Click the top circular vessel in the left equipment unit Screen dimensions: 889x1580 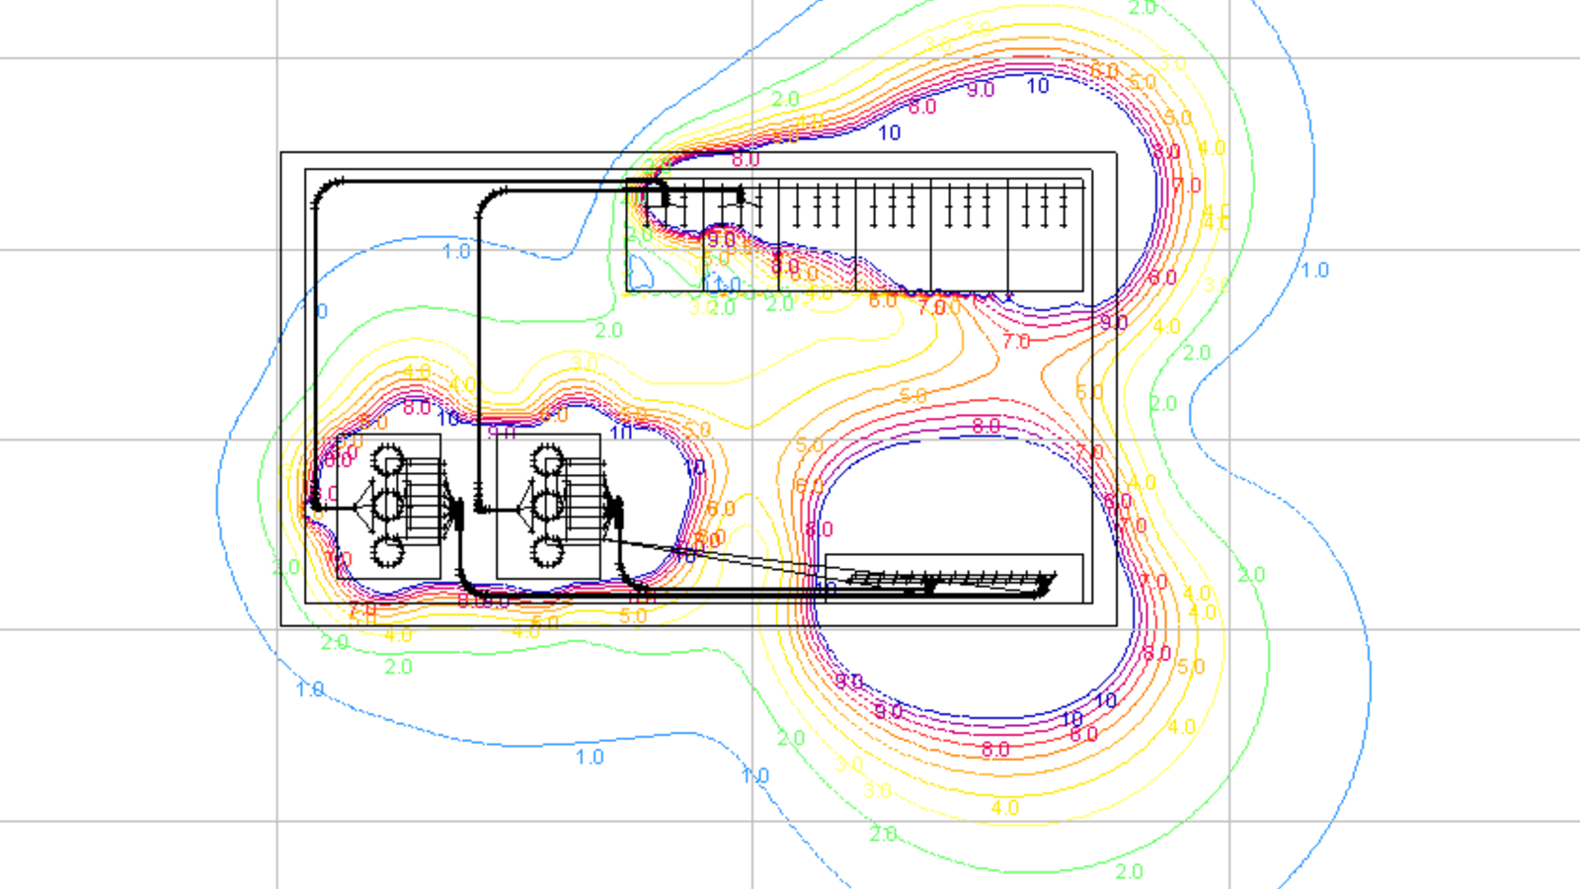[x=388, y=459]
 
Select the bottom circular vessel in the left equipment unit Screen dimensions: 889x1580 [x=387, y=551]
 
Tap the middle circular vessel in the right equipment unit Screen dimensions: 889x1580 [x=547, y=506]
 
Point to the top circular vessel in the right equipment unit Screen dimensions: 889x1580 [x=547, y=460]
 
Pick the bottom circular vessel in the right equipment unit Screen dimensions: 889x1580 [x=547, y=551]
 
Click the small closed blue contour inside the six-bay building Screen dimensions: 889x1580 [x=641, y=270]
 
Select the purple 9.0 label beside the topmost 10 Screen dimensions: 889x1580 [x=981, y=90]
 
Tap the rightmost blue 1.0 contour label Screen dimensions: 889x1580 [x=1314, y=270]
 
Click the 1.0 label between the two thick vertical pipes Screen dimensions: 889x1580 [x=456, y=251]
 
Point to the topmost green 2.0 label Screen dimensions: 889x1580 [x=1143, y=8]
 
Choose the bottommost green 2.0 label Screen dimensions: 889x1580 [x=1129, y=871]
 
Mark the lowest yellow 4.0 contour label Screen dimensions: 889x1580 [x=1004, y=807]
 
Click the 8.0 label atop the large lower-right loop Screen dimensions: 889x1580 [x=986, y=426]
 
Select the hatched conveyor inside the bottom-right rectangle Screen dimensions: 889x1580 [x=948, y=580]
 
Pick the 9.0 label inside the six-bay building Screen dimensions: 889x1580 [x=721, y=239]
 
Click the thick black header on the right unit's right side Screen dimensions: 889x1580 [x=615, y=512]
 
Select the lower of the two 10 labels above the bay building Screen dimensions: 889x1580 [x=889, y=132]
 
